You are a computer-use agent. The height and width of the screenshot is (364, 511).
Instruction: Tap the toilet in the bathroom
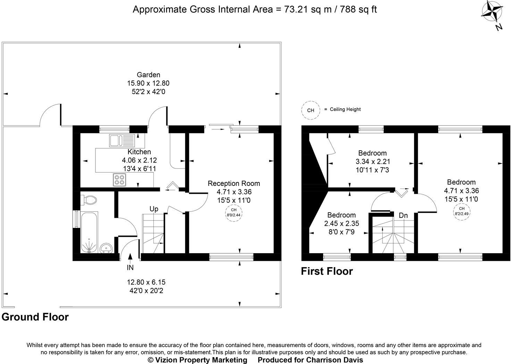tap(89, 200)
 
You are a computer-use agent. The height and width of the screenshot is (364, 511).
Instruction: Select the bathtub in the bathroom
tap(89, 232)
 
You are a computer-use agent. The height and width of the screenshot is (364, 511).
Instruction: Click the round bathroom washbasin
tap(106, 248)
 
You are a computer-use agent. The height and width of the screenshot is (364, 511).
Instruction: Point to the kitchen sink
tap(122, 140)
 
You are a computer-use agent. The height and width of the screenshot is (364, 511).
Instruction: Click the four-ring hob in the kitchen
tap(119, 180)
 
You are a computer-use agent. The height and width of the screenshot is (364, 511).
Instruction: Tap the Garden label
tap(149, 75)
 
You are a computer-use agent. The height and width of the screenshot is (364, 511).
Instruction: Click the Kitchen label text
tap(139, 152)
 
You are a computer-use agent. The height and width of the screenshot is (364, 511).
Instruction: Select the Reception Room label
tap(234, 183)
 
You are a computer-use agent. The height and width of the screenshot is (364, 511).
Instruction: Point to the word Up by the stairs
tap(154, 209)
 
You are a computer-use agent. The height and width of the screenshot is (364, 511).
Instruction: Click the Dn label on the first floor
tap(403, 215)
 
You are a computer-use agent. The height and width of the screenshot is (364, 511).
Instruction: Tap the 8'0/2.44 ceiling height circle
tap(234, 213)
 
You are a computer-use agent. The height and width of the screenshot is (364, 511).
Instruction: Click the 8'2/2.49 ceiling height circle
tap(461, 212)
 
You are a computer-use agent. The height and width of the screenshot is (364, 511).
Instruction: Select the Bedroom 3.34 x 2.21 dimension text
tap(373, 162)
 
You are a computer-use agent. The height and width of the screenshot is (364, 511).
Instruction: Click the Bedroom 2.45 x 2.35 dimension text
tap(342, 223)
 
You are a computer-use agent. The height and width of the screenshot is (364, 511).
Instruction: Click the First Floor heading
tap(327, 271)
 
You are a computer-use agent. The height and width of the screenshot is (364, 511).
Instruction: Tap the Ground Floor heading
tap(35, 317)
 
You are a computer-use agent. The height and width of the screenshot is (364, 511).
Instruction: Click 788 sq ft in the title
tap(358, 9)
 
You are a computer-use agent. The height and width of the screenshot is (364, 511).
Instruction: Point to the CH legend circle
tap(310, 110)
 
